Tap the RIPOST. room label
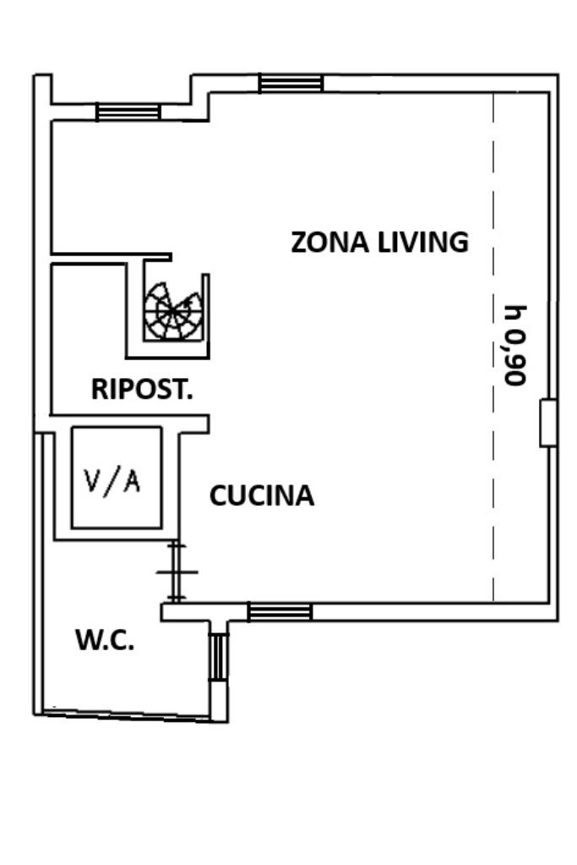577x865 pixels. pyautogui.click(x=142, y=390)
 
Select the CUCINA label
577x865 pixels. pyautogui.click(x=261, y=495)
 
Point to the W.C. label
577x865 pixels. pyautogui.click(x=105, y=640)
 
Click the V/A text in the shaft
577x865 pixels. pyautogui.click(x=113, y=480)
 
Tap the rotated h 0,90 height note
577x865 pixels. pyautogui.click(x=514, y=344)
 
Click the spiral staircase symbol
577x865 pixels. pyautogui.click(x=173, y=311)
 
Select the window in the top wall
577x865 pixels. pyautogui.click(x=291, y=83)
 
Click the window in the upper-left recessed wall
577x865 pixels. pyautogui.click(x=128, y=112)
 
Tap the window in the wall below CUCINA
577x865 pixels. pyautogui.click(x=280, y=612)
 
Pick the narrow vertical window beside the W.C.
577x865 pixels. pyautogui.click(x=219, y=656)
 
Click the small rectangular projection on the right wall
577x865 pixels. pyautogui.click(x=547, y=422)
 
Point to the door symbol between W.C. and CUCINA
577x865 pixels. pyautogui.click(x=176, y=572)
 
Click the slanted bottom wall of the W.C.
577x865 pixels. pyautogui.click(x=127, y=714)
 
